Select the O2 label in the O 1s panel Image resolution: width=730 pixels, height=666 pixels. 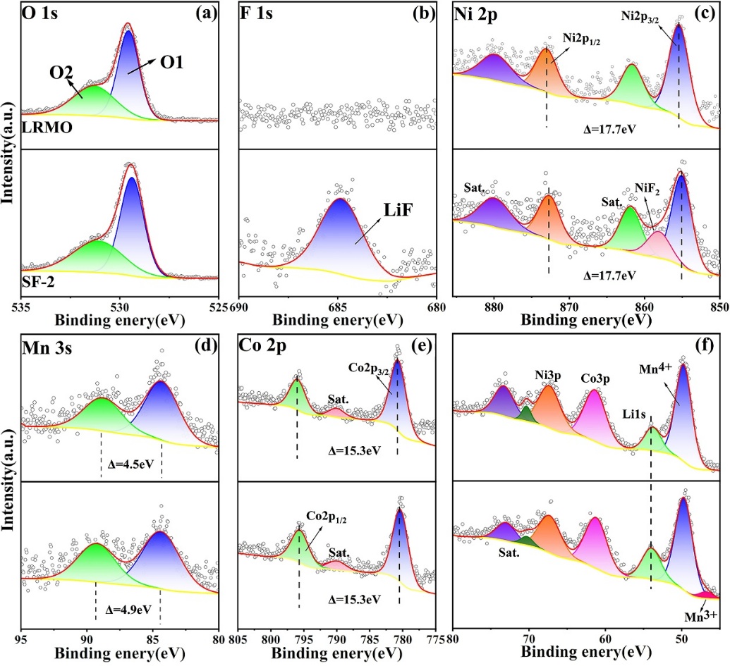point(62,72)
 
